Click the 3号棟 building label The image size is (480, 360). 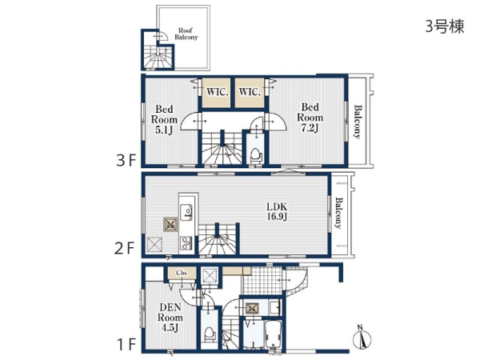click(x=445, y=26)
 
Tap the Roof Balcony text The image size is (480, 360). click(x=186, y=34)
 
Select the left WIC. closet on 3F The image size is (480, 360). click(x=217, y=93)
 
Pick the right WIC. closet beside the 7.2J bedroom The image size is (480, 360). click(x=250, y=93)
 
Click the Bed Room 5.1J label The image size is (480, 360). click(x=164, y=119)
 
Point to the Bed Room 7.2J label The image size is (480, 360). click(x=310, y=118)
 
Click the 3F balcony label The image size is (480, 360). click(x=358, y=122)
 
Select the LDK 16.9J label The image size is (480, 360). click(x=277, y=211)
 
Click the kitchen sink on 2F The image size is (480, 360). click(x=186, y=212)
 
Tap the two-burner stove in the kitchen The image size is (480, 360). click(x=186, y=242)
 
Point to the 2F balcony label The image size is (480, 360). click(x=338, y=213)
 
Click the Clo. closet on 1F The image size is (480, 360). click(x=182, y=273)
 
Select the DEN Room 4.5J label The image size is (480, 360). click(x=170, y=318)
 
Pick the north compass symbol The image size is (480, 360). click(x=362, y=337)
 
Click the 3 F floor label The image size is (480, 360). click(x=126, y=160)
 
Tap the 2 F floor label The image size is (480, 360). click(x=124, y=248)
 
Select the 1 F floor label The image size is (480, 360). click(x=126, y=345)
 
